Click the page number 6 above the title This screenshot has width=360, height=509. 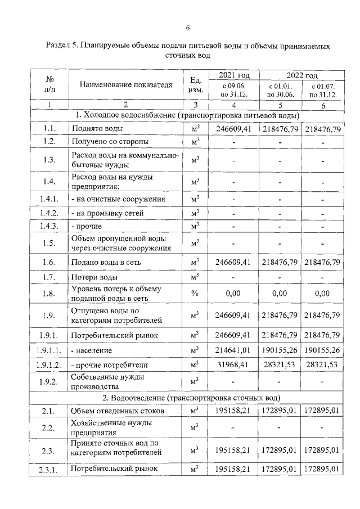click(187, 28)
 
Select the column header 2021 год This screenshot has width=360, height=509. click(232, 75)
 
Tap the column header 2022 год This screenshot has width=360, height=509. click(302, 75)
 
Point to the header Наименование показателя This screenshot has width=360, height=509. click(125, 85)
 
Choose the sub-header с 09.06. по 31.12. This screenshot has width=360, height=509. click(232, 90)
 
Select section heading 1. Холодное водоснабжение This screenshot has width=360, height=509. click(187, 115)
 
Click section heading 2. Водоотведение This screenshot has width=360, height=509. click(187, 398)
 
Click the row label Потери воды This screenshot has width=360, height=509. click(94, 277)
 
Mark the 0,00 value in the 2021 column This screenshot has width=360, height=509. click(232, 293)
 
